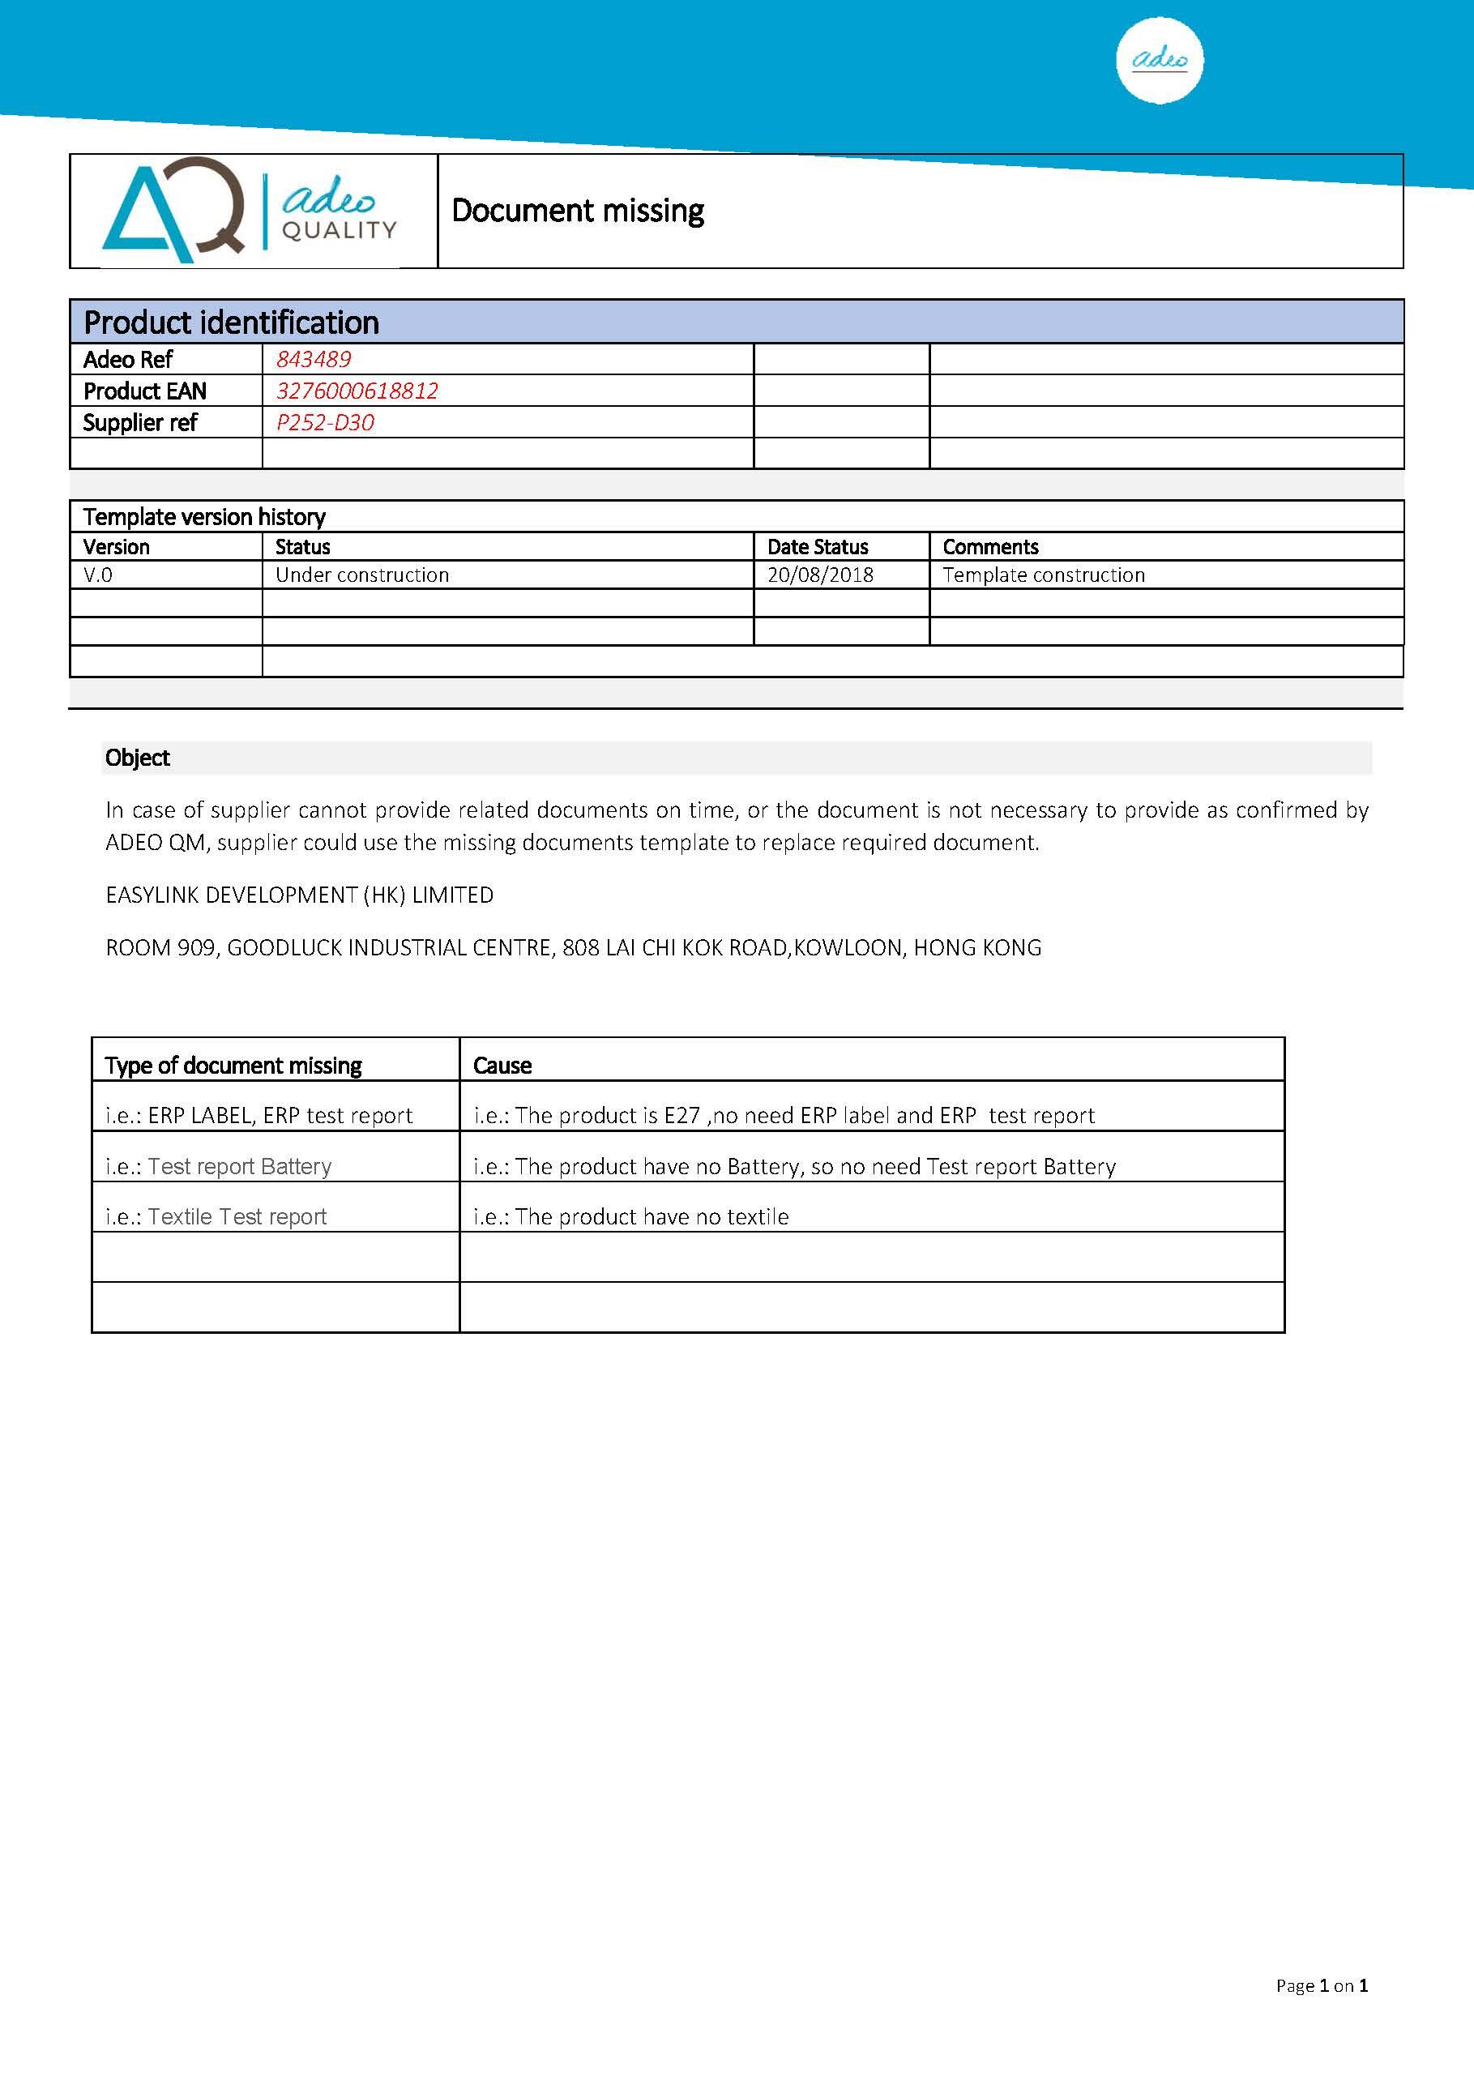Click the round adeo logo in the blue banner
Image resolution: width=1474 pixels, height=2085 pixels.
point(1159,60)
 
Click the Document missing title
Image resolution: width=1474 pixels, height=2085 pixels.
point(578,211)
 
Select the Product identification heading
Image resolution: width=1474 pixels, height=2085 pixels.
point(232,323)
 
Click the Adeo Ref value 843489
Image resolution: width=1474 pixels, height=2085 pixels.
point(314,360)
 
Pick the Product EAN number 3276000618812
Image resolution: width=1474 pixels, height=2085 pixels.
point(357,391)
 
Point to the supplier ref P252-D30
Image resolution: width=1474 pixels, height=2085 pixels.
point(325,422)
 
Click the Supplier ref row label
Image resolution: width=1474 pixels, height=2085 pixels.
point(140,422)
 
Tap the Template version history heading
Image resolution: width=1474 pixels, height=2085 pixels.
point(204,517)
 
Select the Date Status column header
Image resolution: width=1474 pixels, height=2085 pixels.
point(818,547)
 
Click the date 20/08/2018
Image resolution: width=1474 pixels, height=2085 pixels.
point(820,575)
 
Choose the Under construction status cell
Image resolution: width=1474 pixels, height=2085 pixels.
point(362,575)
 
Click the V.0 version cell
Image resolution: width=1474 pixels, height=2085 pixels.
point(98,575)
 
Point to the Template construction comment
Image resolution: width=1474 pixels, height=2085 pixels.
point(1044,575)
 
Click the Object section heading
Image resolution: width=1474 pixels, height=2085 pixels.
point(137,758)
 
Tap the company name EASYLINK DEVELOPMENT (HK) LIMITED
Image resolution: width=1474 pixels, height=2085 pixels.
point(300,895)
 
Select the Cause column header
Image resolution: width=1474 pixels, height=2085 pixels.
point(502,1066)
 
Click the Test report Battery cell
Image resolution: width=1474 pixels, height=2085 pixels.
point(218,1166)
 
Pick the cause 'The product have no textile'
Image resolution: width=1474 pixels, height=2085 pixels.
point(631,1217)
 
